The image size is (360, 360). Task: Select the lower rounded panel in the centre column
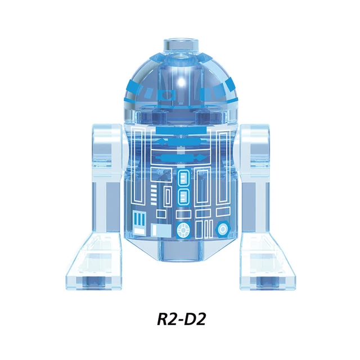(183, 197)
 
